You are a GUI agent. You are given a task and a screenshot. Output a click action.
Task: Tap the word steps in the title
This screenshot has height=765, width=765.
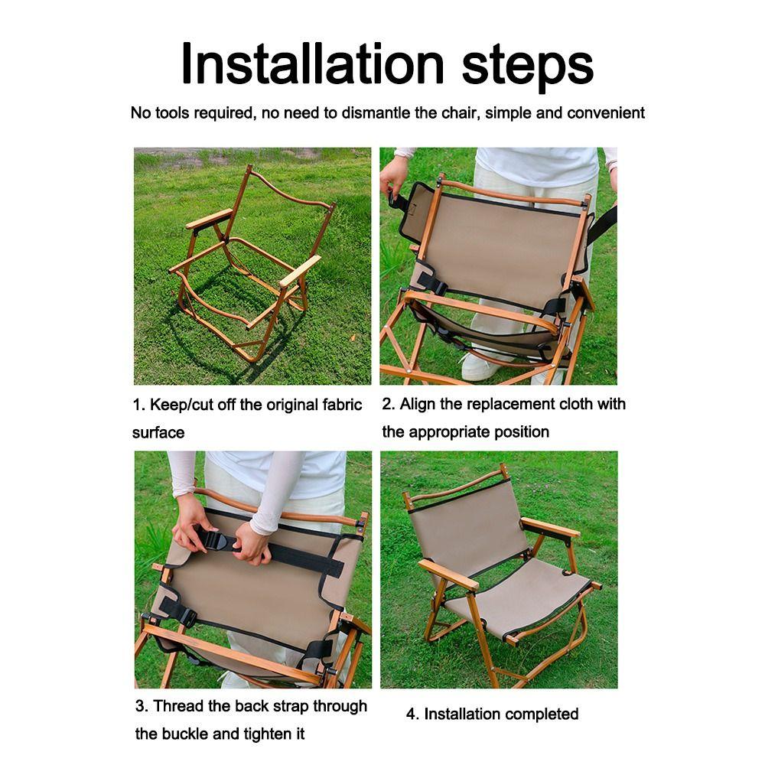click(528, 64)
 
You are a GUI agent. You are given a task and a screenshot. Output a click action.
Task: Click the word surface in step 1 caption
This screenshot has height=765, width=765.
click(158, 433)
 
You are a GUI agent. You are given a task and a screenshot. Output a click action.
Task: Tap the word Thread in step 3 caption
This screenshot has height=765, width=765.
click(174, 706)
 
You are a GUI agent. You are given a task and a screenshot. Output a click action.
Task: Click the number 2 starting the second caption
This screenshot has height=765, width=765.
click(387, 404)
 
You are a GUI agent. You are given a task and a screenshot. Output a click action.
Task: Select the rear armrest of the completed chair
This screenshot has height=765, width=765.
click(551, 529)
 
